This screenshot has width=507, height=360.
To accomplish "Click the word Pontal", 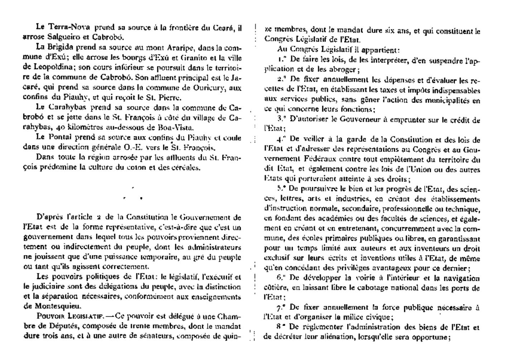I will (60, 137).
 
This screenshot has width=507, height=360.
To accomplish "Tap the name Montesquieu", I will (52, 306).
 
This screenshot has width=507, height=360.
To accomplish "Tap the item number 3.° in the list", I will (282, 120).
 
